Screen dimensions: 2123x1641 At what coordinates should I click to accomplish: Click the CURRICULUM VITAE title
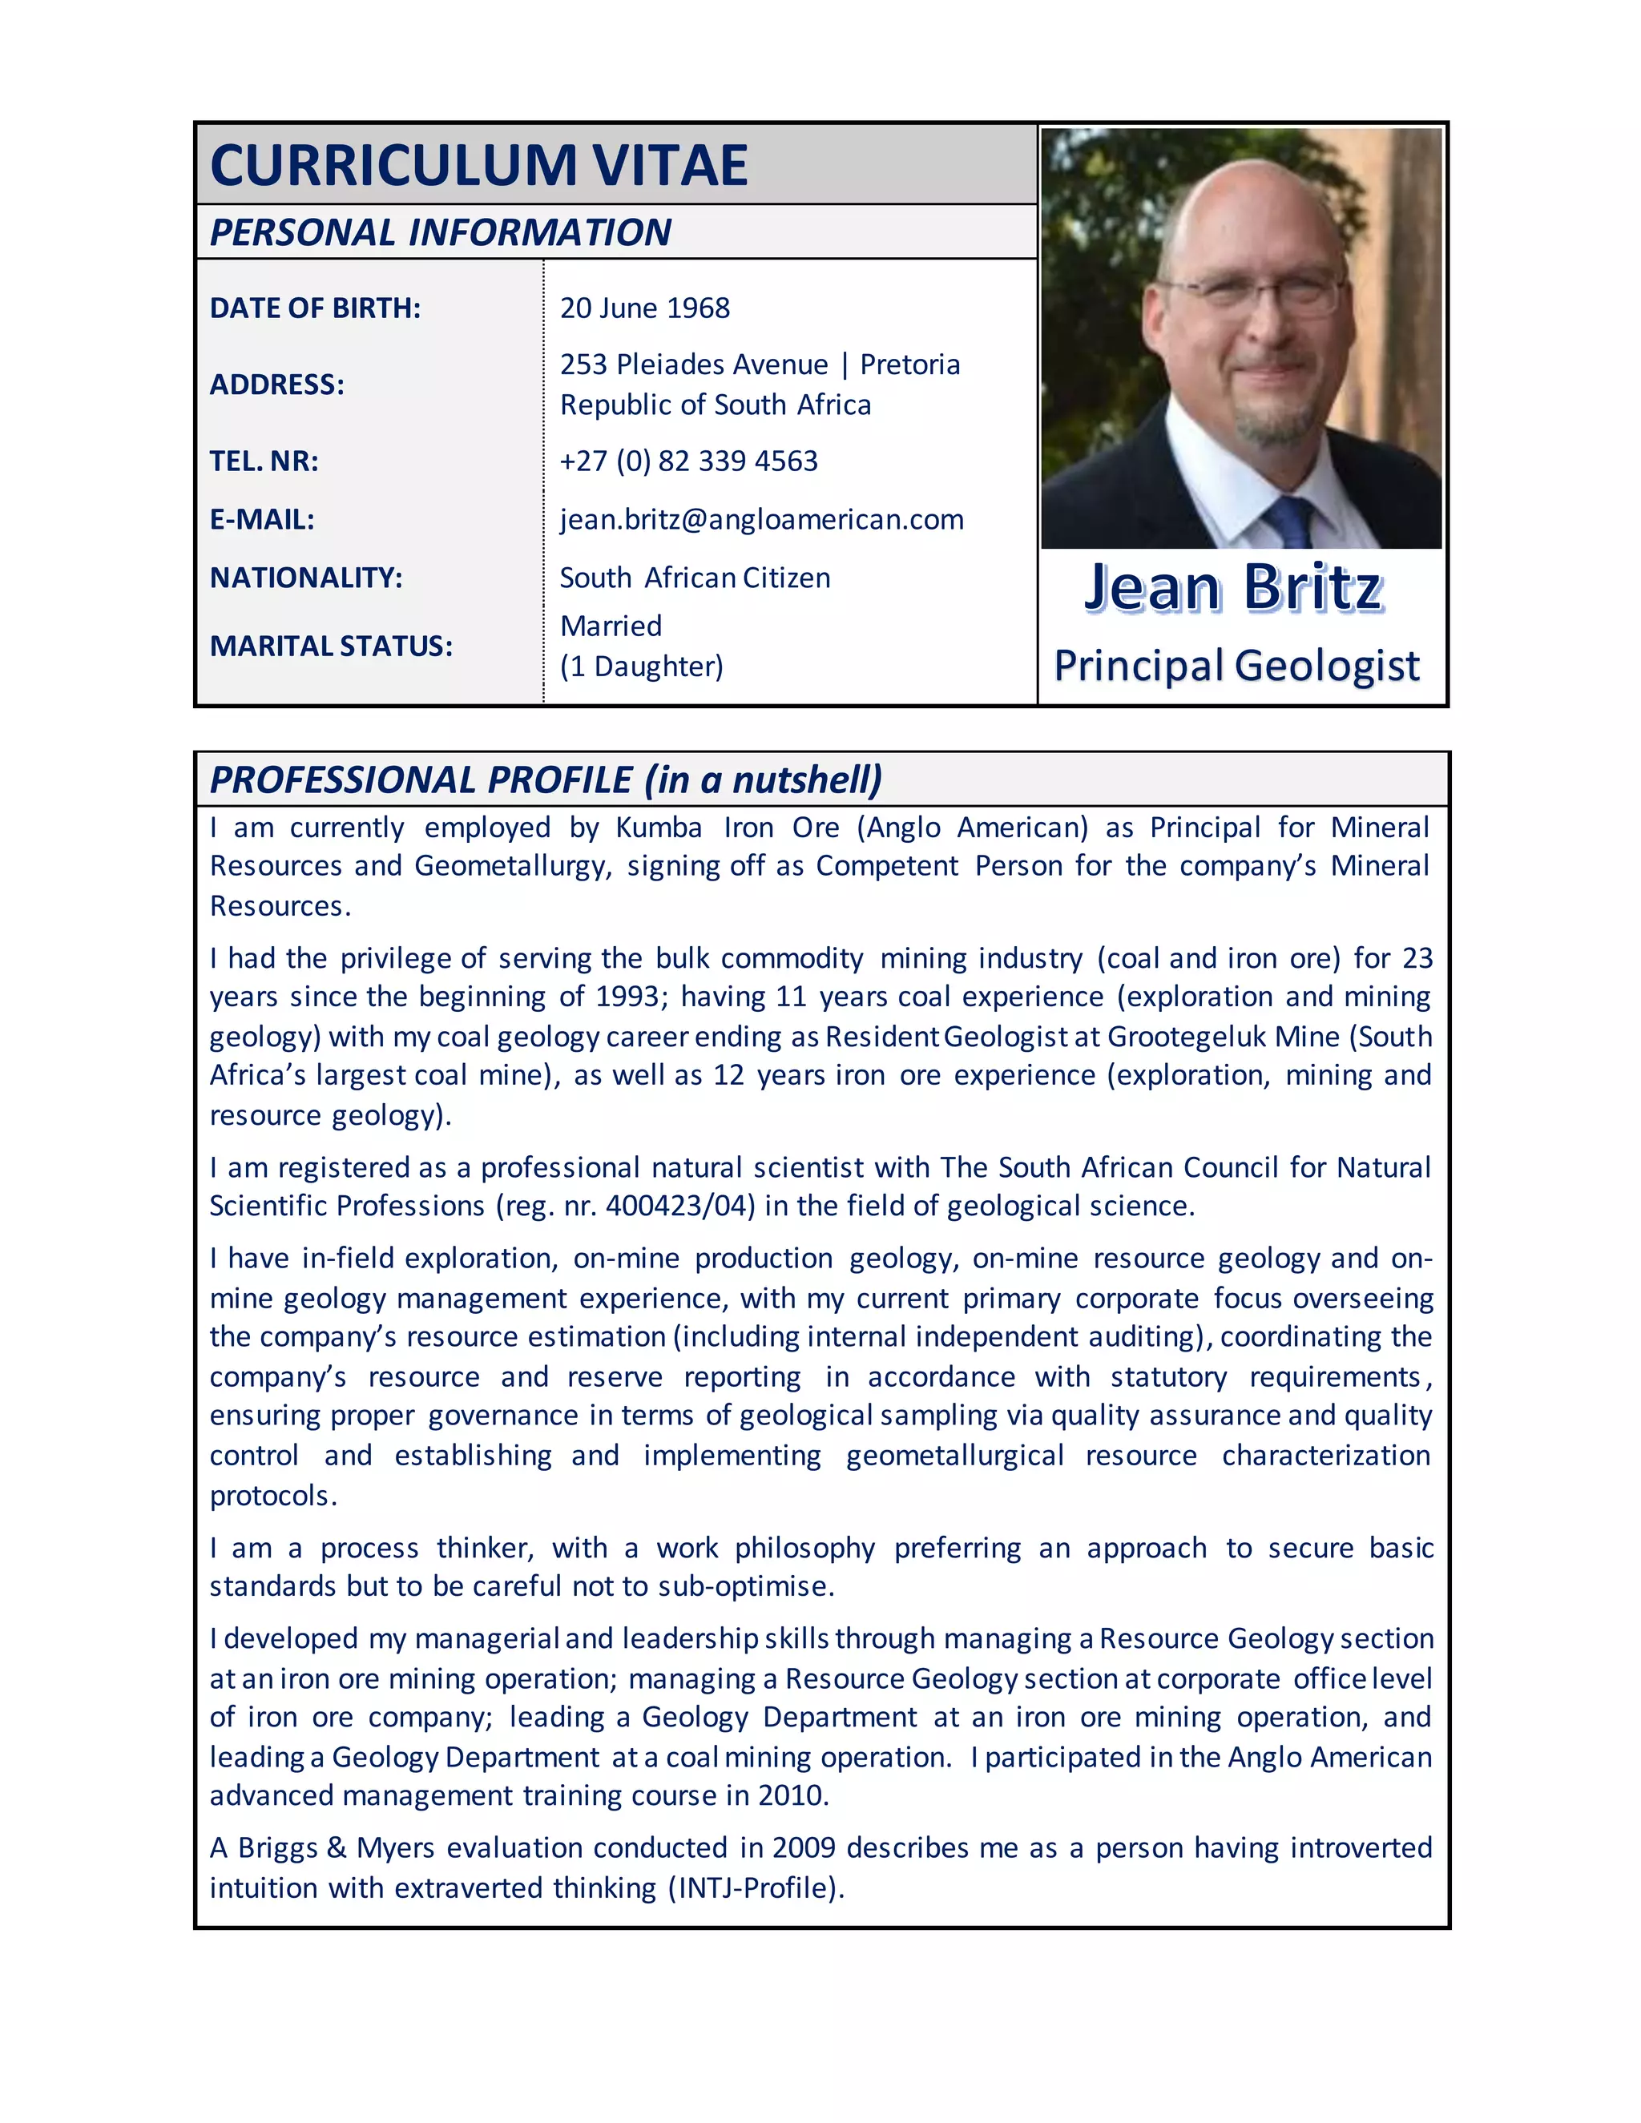click(x=478, y=164)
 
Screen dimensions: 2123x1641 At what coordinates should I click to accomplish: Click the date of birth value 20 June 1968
click(x=644, y=308)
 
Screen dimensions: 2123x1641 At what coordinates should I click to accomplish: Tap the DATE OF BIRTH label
click(x=315, y=308)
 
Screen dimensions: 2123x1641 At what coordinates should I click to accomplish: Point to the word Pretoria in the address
click(x=910, y=365)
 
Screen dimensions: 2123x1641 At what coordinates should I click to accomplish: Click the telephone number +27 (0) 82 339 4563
click(x=688, y=461)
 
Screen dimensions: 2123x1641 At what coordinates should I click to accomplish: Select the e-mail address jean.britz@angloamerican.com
click(x=761, y=519)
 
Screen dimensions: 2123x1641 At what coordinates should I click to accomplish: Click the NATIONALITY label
click(x=306, y=578)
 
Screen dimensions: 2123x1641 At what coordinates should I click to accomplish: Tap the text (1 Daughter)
click(x=642, y=667)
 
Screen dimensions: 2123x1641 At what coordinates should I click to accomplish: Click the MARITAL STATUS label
click(x=332, y=646)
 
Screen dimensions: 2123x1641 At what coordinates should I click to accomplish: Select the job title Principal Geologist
click(x=1236, y=666)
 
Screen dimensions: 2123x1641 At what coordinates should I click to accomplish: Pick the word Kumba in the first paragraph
click(x=658, y=828)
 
